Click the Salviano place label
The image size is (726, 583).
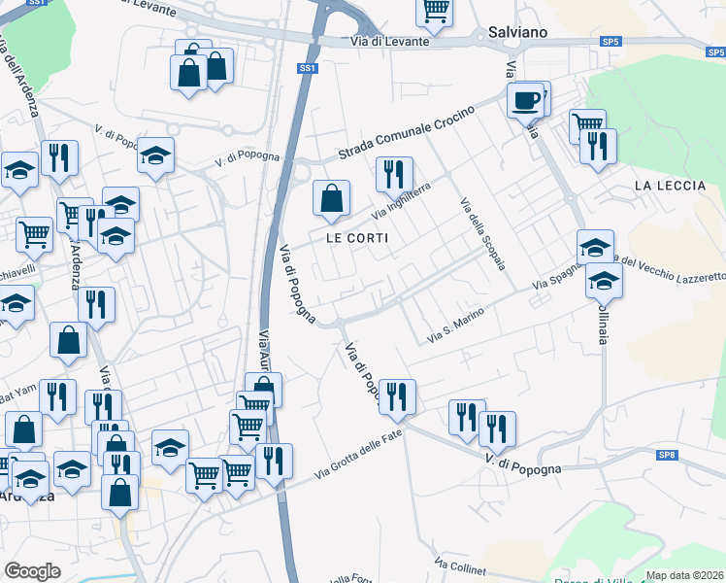click(x=518, y=32)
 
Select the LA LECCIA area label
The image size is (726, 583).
click(x=668, y=185)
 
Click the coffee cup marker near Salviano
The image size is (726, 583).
click(x=526, y=101)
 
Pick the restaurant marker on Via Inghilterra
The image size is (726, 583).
click(x=394, y=176)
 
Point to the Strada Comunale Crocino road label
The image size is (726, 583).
click(x=406, y=133)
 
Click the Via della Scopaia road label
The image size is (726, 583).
click(x=482, y=234)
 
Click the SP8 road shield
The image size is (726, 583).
click(x=666, y=455)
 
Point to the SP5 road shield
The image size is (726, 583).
click(x=610, y=42)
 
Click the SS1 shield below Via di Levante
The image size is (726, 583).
click(x=308, y=68)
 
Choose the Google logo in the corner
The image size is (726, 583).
click(x=32, y=571)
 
